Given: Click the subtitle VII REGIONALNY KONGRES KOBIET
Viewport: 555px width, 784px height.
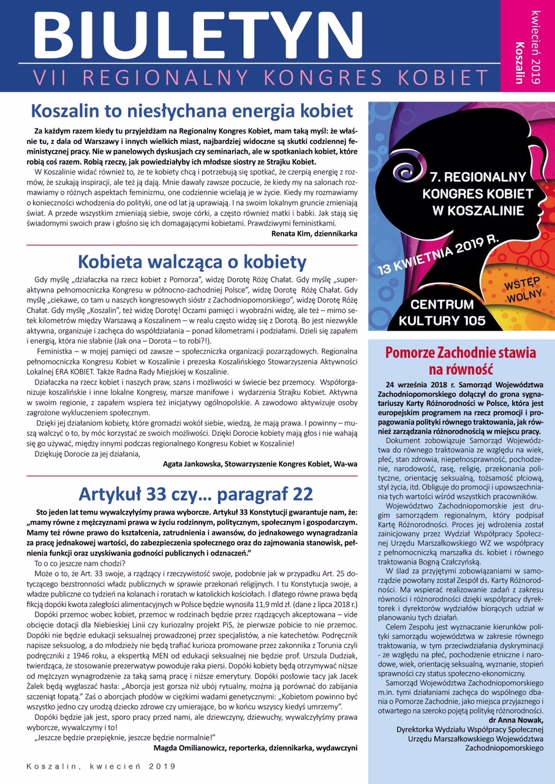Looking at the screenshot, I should [x=260, y=78].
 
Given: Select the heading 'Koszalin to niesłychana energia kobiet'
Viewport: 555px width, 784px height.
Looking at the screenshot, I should [x=192, y=111].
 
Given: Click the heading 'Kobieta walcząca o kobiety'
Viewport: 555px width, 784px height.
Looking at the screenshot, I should [x=192, y=262].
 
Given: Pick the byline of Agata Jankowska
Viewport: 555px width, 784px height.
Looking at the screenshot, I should [x=260, y=464].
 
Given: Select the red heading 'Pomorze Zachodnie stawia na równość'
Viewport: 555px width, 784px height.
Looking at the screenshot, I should [x=460, y=361].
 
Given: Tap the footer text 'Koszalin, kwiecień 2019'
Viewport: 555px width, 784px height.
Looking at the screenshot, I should [x=101, y=766].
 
